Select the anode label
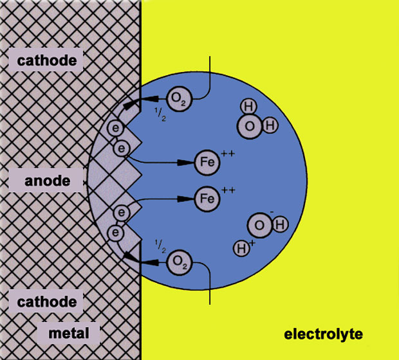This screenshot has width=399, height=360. click(x=47, y=181)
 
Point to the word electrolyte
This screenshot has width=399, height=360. click(x=324, y=334)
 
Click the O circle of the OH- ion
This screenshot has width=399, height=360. click(x=259, y=225)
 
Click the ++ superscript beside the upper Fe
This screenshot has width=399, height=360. click(x=227, y=153)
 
